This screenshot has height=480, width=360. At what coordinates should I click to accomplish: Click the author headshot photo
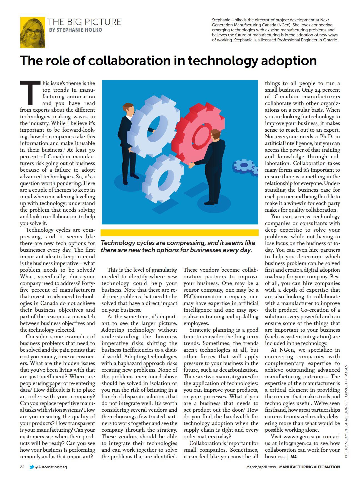(32, 32)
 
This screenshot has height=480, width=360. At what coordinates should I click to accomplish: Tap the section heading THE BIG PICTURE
(84, 22)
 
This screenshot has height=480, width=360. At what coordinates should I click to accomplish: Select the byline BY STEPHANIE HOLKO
(76, 30)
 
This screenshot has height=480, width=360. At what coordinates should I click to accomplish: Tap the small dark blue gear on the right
(244, 166)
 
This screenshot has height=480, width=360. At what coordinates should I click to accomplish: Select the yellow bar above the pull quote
(179, 233)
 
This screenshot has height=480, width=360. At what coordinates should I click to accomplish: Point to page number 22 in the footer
(22, 467)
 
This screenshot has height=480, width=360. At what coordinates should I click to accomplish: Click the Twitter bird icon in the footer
(32, 467)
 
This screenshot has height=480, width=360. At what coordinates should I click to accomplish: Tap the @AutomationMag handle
(51, 467)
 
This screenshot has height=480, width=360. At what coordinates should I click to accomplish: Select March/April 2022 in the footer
(261, 467)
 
